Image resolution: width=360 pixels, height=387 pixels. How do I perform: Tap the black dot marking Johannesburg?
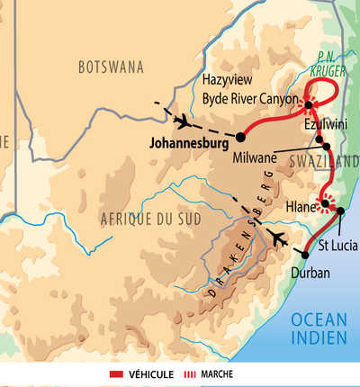click(241, 137)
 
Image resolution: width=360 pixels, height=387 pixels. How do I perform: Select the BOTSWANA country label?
click(112, 67)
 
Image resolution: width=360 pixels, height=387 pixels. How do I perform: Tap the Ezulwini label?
click(325, 126)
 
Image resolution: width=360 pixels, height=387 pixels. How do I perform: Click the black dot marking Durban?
click(305, 255)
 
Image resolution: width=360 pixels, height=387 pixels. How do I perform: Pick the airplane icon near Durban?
click(278, 239)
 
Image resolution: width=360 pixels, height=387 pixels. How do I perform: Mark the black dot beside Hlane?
click(324, 205)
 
